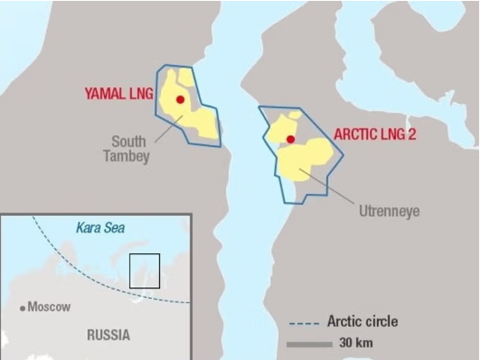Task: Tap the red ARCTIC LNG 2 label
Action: [378, 135]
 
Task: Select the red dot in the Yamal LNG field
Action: [180, 100]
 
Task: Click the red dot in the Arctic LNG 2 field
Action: [289, 139]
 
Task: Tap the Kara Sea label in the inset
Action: [101, 228]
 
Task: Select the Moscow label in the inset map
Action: [49, 307]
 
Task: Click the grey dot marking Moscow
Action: [23, 308]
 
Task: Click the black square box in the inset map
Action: [144, 271]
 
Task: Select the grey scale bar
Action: [309, 343]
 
